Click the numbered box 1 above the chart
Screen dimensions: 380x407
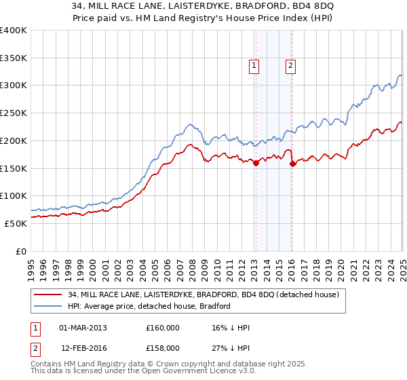coord(254,66)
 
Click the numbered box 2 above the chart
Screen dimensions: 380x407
coord(290,66)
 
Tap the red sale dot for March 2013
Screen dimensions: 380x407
coord(256,163)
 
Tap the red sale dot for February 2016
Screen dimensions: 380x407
coord(292,164)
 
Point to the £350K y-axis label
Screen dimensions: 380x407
coord(14,58)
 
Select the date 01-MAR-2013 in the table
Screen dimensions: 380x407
coord(83,328)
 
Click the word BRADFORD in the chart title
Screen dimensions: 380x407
coord(231,8)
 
